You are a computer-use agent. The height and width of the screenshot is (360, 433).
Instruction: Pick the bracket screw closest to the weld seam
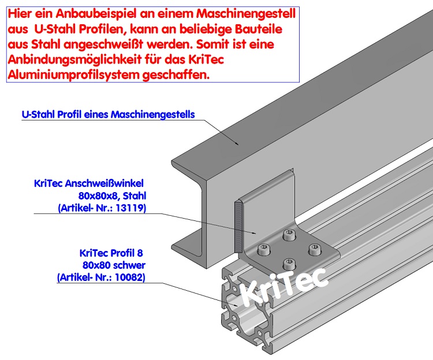pyautogui.click(x=263, y=250)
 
